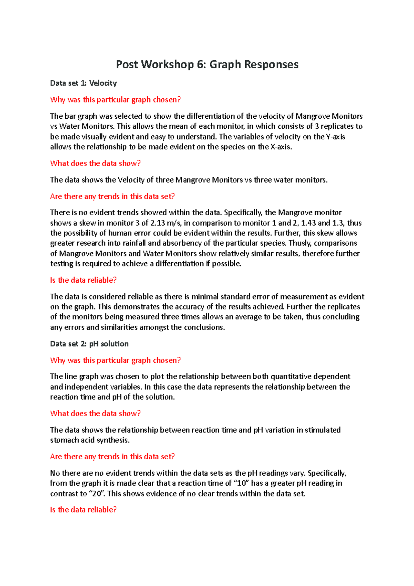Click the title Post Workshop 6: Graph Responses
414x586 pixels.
[x=207, y=65]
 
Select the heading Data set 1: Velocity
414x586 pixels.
[x=83, y=83]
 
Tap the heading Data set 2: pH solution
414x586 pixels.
[x=89, y=344]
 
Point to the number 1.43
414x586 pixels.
[x=308, y=223]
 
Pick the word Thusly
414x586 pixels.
[x=300, y=243]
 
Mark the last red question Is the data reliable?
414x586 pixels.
[x=83, y=510]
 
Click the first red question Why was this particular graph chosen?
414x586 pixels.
[x=116, y=100]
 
